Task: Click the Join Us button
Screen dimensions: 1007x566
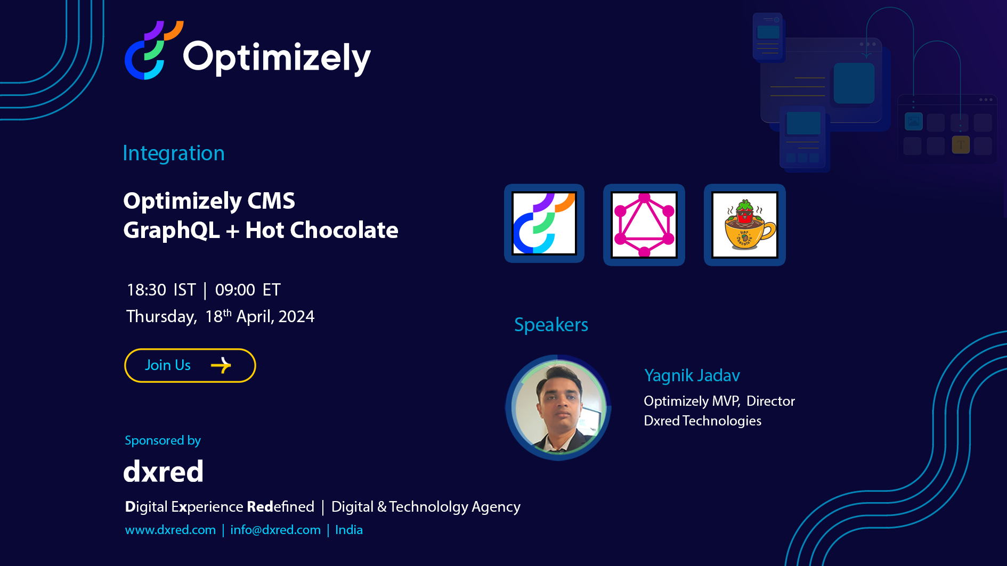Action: tap(190, 365)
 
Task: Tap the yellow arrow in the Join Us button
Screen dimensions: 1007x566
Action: tap(221, 365)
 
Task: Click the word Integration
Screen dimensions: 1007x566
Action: tap(174, 153)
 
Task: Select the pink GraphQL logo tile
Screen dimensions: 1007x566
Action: tap(644, 225)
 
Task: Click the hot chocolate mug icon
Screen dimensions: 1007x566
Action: tap(745, 225)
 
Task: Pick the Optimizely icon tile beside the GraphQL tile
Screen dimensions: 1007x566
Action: tap(544, 224)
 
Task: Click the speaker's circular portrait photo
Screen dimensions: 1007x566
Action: tap(558, 407)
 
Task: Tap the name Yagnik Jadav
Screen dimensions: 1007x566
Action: tap(692, 375)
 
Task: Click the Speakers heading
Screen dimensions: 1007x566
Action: tap(551, 325)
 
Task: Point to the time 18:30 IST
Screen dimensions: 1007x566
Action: tap(161, 290)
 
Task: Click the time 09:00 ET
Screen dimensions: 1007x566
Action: tap(248, 290)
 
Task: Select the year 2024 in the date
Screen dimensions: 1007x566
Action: tap(296, 316)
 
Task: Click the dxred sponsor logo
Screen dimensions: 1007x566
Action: tap(164, 471)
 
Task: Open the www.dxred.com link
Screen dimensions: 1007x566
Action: tap(170, 530)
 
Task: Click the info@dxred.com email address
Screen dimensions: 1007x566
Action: tap(275, 530)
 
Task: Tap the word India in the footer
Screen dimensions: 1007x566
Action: tap(349, 530)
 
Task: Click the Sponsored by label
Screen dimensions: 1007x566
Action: tap(163, 440)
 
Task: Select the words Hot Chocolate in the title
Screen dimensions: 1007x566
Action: tap(322, 230)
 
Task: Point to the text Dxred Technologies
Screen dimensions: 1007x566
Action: tap(702, 421)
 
